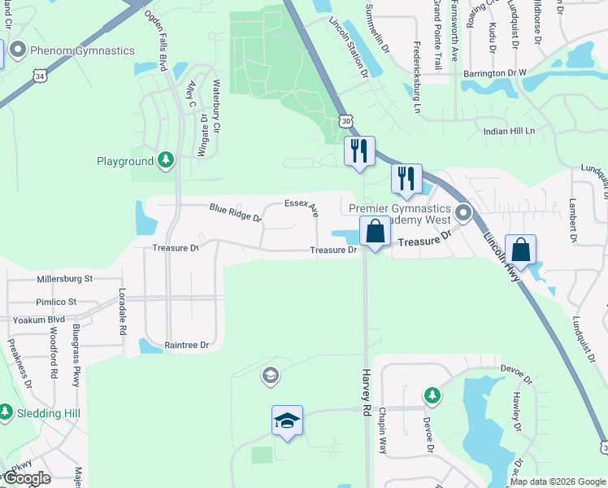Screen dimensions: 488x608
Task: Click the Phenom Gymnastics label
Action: coord(81,50)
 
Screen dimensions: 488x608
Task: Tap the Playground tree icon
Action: coord(166,160)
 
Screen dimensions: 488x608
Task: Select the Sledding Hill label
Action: coord(49,413)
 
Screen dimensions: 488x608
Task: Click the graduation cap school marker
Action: coord(287,420)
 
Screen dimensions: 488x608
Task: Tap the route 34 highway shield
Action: coord(40,76)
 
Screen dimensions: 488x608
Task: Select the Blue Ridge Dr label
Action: coord(234,212)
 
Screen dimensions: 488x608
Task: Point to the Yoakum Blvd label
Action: coord(38,320)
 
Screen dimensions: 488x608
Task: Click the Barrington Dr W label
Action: coord(495,72)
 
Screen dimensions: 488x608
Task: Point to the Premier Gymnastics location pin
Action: coord(463,213)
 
